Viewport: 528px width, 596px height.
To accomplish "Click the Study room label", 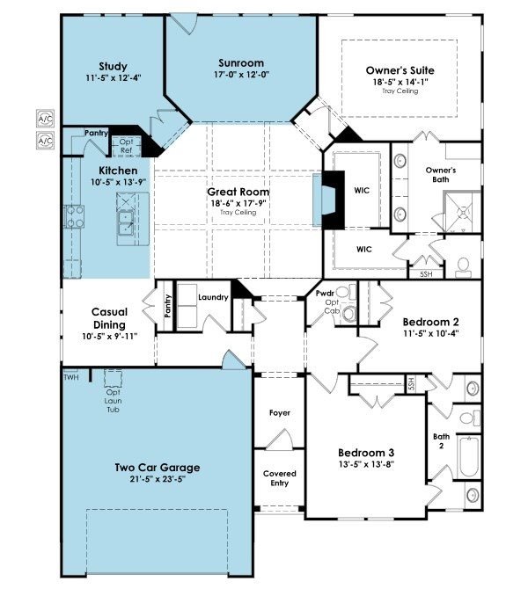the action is [x=113, y=67].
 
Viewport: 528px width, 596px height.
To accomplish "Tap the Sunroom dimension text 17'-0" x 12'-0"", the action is [x=241, y=75].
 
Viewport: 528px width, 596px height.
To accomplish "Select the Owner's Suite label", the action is [x=400, y=70].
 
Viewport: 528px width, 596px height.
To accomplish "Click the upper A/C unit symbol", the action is [x=45, y=119].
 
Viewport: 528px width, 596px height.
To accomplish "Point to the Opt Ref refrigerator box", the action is [x=126, y=146].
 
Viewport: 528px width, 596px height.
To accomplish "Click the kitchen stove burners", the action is [x=75, y=216].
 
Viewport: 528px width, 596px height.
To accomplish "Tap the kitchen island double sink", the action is [x=126, y=222].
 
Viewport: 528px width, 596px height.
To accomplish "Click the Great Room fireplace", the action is [x=328, y=200].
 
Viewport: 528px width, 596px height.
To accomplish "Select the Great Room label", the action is [x=238, y=192].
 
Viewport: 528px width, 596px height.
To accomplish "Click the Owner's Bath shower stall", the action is [x=462, y=212].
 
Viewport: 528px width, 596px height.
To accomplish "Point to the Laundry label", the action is [x=213, y=297].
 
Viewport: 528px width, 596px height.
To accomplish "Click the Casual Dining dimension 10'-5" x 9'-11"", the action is [x=109, y=337].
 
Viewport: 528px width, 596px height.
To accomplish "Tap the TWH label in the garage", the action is [x=71, y=377].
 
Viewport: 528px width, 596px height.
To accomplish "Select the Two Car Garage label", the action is [x=158, y=468].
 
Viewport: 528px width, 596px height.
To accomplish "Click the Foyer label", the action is [x=280, y=413].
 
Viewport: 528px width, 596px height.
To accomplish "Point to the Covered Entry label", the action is [x=280, y=478].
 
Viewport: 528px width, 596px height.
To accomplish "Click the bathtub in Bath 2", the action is [x=469, y=456].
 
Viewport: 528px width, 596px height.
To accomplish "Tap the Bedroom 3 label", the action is [x=366, y=453].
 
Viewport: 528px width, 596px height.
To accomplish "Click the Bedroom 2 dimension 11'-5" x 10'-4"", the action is [x=431, y=334].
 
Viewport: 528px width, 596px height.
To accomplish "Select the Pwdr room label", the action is [x=325, y=294].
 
